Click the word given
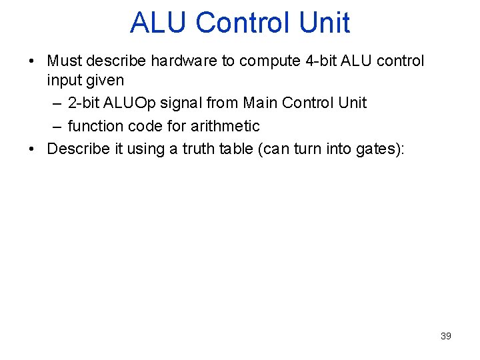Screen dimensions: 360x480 [105, 81]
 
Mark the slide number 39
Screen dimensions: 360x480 [446, 336]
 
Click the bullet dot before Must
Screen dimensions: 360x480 [31, 62]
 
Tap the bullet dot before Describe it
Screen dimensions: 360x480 [31, 149]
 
